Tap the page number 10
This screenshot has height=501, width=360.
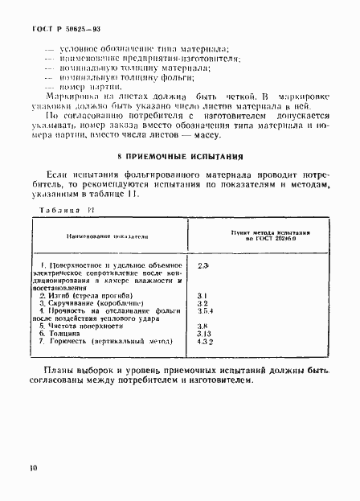click(33, 466)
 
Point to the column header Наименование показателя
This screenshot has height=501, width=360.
click(107, 237)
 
